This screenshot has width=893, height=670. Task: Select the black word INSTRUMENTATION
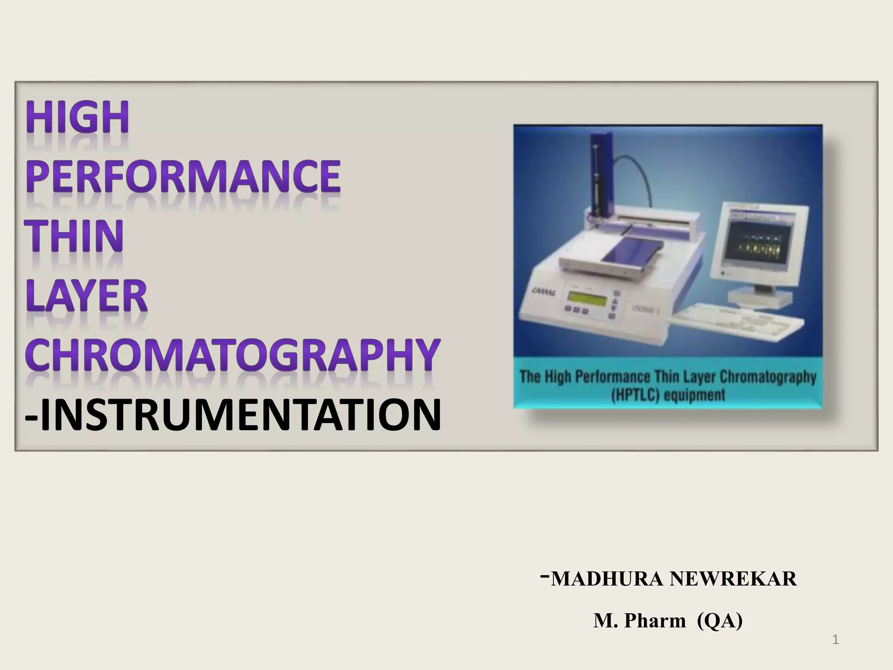(240, 415)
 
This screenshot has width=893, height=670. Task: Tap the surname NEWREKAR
(733, 579)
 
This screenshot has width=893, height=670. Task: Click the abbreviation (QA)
(719, 621)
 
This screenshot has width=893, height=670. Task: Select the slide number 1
(835, 640)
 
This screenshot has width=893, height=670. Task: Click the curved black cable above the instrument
(637, 174)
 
